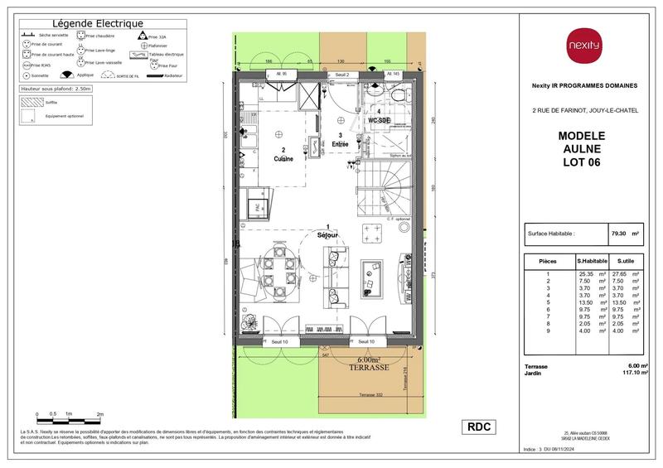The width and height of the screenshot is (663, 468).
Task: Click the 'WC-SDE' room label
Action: click(x=380, y=120)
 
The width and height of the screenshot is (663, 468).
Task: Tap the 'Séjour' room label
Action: click(x=329, y=235)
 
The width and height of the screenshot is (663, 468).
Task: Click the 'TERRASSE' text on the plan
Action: click(x=369, y=368)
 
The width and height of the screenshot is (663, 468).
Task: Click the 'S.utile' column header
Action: click(x=626, y=261)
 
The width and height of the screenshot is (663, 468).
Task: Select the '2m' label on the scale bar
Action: click(x=99, y=413)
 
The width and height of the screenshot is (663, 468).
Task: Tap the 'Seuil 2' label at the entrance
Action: click(x=341, y=75)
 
